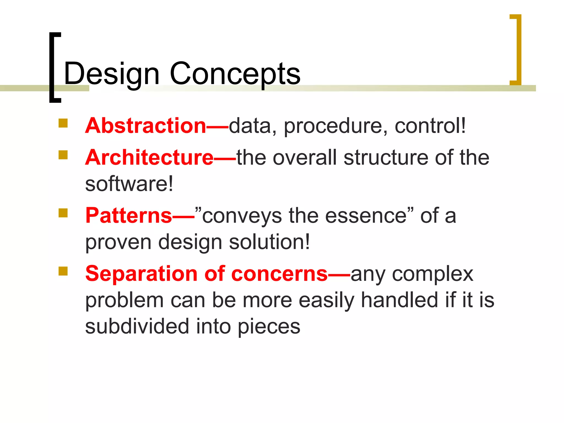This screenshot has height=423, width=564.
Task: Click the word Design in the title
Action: (x=112, y=74)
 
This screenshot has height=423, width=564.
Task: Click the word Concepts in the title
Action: (x=235, y=74)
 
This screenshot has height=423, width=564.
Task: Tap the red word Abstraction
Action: (x=146, y=126)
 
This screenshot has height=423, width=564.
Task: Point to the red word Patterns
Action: (x=129, y=215)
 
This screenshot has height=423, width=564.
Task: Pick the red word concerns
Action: (x=280, y=274)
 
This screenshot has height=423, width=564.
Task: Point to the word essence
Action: (x=366, y=216)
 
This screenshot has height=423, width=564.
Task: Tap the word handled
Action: (x=400, y=300)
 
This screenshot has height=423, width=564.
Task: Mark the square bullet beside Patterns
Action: (x=63, y=213)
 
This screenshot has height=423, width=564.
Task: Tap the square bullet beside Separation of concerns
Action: (x=63, y=271)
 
